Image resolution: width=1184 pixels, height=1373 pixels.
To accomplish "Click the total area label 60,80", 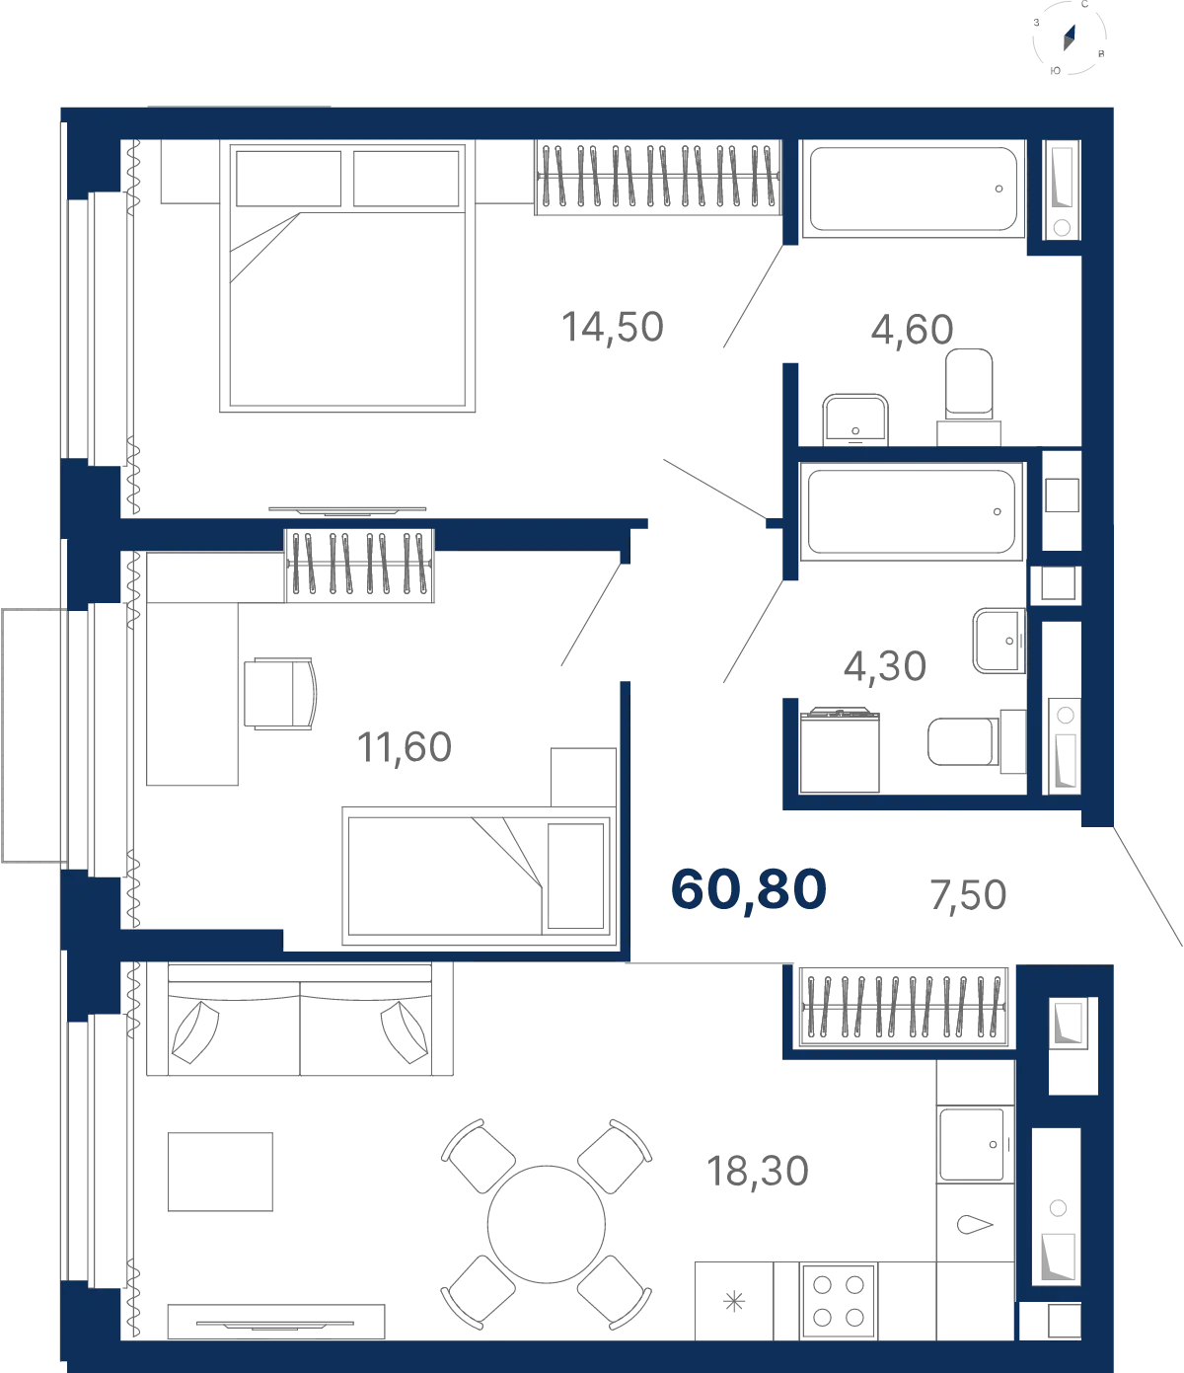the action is tap(748, 889).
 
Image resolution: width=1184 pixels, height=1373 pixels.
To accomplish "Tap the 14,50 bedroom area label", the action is tap(613, 327).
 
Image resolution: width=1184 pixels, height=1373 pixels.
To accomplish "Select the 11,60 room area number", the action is tap(405, 747).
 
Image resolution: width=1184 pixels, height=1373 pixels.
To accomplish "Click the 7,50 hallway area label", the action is tap(968, 894).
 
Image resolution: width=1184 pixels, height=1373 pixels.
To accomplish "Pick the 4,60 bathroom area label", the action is tap(912, 329).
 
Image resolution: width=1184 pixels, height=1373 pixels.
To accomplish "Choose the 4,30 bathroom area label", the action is tap(884, 666).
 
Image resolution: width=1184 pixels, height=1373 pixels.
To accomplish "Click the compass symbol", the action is tap(1070, 38).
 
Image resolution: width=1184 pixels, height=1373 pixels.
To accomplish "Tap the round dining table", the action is tap(546, 1224).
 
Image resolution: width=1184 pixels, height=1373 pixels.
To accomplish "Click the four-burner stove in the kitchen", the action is tap(839, 1301).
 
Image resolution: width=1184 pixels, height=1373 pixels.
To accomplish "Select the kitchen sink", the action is tap(975, 1145).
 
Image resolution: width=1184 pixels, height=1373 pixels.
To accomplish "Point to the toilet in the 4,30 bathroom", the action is tap(976, 741).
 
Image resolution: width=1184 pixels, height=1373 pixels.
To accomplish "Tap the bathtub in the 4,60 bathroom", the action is tap(913, 189).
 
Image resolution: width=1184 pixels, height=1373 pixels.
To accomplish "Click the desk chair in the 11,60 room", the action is tap(279, 694).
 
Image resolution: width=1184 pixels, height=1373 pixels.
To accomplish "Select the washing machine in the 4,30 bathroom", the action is tap(840, 750).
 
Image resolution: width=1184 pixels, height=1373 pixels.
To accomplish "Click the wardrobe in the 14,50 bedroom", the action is tap(658, 178).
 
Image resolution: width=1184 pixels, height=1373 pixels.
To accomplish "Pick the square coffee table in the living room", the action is tap(220, 1172).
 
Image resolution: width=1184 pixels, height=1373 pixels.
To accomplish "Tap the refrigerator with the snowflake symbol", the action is tap(734, 1301).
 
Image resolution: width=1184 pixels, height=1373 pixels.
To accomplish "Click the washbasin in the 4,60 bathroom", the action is tap(855, 420).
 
